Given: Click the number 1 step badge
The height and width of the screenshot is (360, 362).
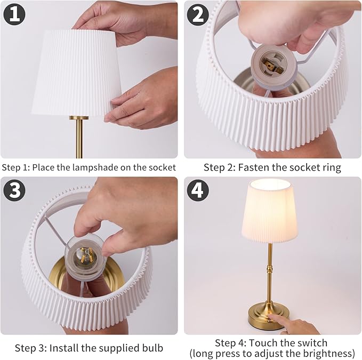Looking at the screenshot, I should click(14, 14).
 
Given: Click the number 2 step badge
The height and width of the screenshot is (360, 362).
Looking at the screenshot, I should click(198, 14).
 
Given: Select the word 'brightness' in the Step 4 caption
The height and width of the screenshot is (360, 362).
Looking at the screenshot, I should click(328, 353).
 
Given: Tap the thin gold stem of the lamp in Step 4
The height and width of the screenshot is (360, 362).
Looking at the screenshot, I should click(269, 272).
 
